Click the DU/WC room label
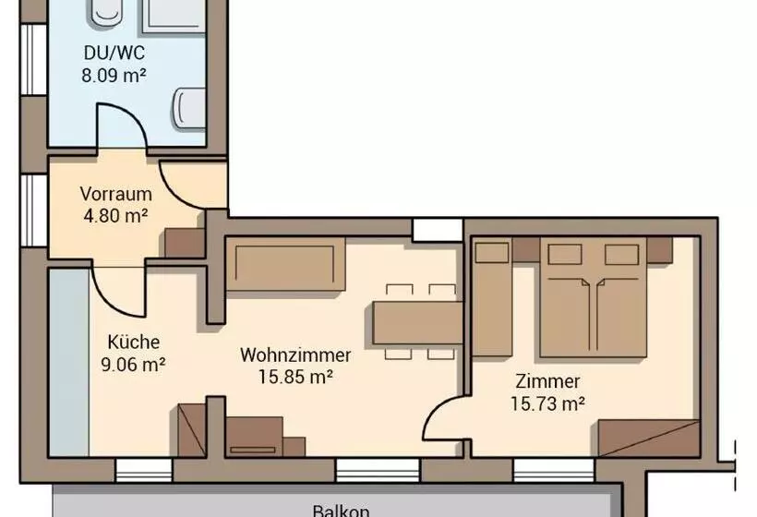tap(114, 53)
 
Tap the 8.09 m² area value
tap(114, 76)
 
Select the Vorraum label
tap(116, 194)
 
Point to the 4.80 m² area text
tap(116, 215)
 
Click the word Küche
tap(133, 342)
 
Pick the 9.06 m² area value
tap(133, 364)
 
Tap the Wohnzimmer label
tap(295, 355)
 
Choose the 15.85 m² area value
tap(295, 377)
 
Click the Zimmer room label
tap(548, 381)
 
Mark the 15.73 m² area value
tap(548, 403)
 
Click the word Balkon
tap(342, 511)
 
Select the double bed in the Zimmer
tap(593, 297)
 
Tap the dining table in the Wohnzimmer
tap(417, 323)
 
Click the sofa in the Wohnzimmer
tap(286, 263)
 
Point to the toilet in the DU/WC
tap(189, 108)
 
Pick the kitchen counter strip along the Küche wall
tap(69, 362)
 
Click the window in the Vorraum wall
tap(34, 210)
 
